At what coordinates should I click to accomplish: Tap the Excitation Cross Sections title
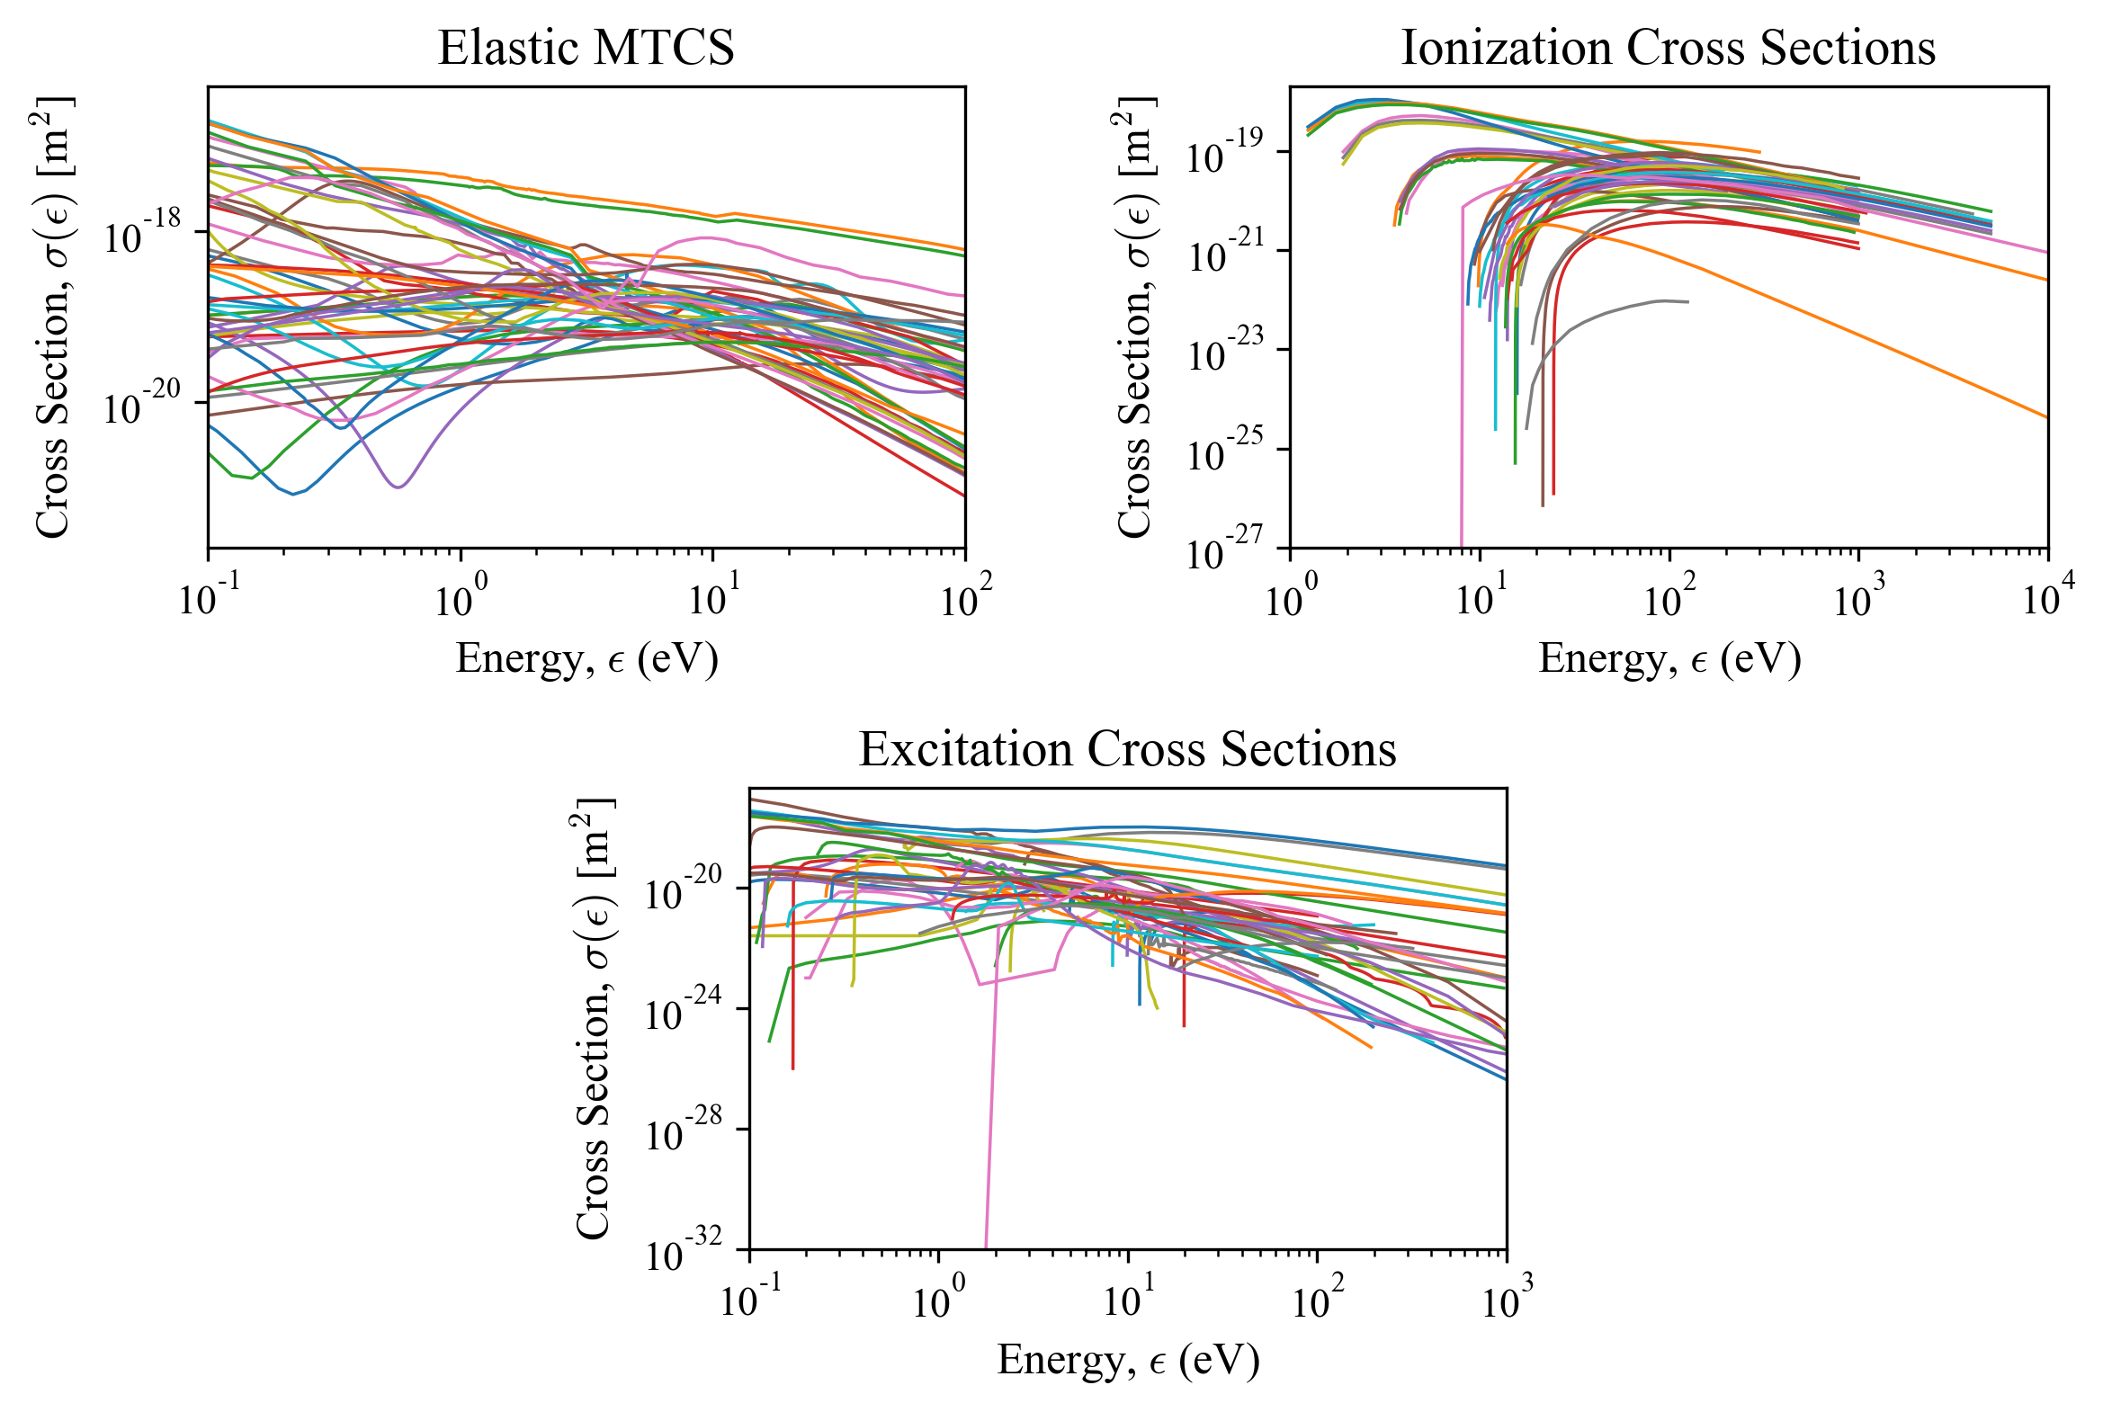click(1127, 748)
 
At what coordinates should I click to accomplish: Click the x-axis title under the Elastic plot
click(586, 658)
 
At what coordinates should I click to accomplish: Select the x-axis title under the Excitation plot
click(1128, 1360)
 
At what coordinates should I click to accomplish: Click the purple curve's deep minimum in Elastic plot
click(398, 487)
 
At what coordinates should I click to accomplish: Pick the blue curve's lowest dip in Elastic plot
click(292, 494)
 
